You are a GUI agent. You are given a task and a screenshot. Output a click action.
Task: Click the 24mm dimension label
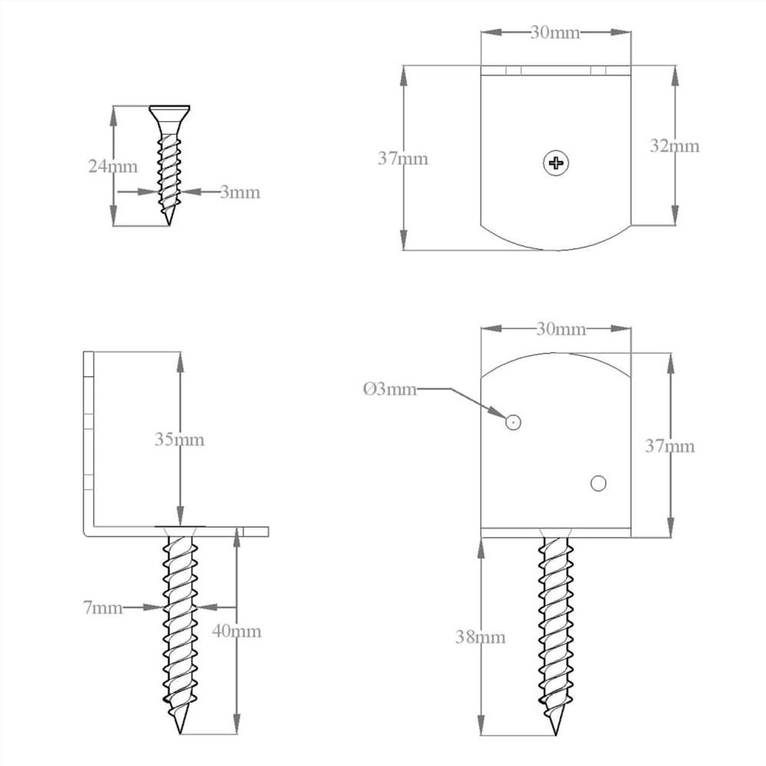pyautogui.click(x=113, y=166)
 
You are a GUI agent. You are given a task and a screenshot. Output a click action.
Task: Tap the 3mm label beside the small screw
pyautogui.click(x=240, y=192)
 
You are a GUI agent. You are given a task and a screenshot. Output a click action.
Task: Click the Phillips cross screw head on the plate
pyautogui.click(x=556, y=162)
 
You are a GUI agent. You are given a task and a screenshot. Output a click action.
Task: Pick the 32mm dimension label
pyautogui.click(x=675, y=146)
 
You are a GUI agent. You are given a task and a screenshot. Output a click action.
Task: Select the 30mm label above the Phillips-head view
pyautogui.click(x=555, y=32)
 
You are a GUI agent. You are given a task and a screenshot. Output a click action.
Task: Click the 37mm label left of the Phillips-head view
pyautogui.click(x=403, y=159)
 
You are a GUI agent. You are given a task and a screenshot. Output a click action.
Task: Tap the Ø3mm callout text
pyautogui.click(x=390, y=389)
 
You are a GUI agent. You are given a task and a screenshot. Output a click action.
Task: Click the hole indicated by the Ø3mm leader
pyautogui.click(x=513, y=421)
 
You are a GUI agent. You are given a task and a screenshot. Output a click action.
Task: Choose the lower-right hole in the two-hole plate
pyautogui.click(x=598, y=483)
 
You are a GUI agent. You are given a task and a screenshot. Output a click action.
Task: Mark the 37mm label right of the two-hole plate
pyautogui.click(x=669, y=446)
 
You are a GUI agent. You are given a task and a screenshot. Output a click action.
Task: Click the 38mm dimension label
pyautogui.click(x=480, y=637)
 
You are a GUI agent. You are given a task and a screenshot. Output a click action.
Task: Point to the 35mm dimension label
pyautogui.click(x=179, y=440)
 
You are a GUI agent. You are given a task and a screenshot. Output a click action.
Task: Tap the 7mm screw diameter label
pyautogui.click(x=103, y=607)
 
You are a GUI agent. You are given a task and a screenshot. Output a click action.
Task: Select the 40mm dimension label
pyautogui.click(x=237, y=631)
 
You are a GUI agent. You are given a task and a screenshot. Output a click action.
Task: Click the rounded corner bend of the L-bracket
pyautogui.click(x=89, y=529)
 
